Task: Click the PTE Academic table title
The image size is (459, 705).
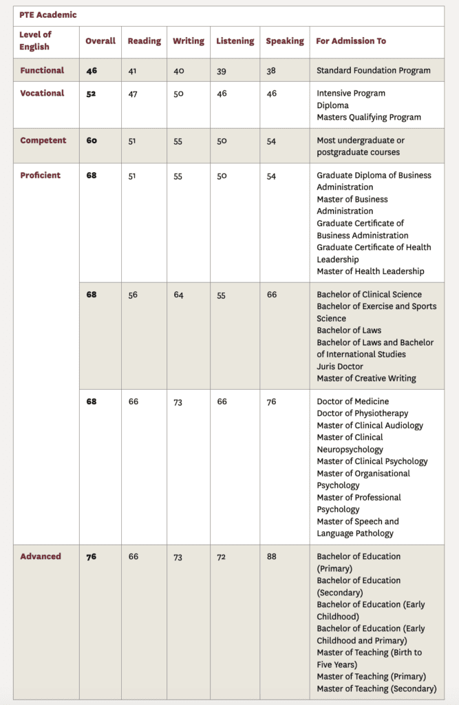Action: click(x=48, y=14)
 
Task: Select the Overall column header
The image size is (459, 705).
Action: click(x=100, y=41)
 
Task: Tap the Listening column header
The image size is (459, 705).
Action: click(x=235, y=41)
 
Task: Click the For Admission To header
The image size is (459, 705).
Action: click(x=351, y=41)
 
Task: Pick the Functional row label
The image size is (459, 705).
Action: click(x=42, y=70)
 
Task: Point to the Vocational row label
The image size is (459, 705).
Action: click(x=42, y=93)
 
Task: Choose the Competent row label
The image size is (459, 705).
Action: click(x=43, y=140)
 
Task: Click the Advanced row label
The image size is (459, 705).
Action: click(x=41, y=556)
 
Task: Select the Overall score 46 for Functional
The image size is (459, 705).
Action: click(x=92, y=70)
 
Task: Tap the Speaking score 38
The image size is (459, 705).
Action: click(x=271, y=70)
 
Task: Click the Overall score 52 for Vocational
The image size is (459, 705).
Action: click(x=92, y=94)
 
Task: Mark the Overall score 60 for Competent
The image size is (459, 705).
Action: click(x=92, y=140)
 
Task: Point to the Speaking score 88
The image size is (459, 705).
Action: click(x=271, y=556)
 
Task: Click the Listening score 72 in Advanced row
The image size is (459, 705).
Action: click(x=222, y=556)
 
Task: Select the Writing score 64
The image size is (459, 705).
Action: click(x=178, y=295)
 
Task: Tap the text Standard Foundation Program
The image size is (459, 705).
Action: click(x=374, y=70)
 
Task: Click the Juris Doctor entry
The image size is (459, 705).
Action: click(x=340, y=366)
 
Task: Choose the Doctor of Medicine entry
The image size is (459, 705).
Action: click(x=352, y=401)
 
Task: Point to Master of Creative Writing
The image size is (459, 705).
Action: click(x=366, y=378)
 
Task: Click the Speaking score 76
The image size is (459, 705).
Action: click(x=271, y=401)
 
